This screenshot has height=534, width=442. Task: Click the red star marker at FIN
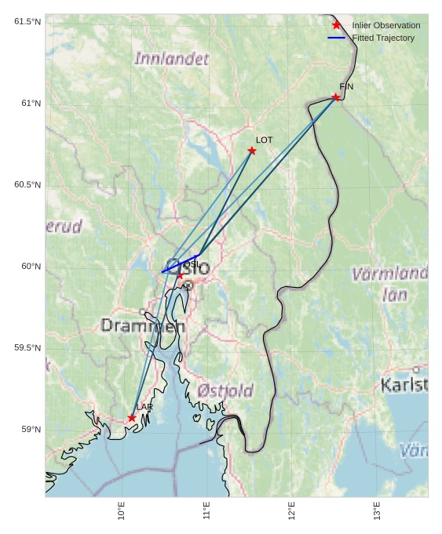(x=336, y=97)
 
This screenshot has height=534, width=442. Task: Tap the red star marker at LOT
(x=252, y=151)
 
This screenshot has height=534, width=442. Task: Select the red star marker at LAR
(x=132, y=418)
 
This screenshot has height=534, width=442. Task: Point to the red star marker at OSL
(x=180, y=275)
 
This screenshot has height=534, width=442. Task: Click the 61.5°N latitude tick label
(x=27, y=21)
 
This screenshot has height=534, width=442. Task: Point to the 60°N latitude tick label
(x=31, y=266)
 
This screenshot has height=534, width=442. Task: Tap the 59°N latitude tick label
(x=31, y=429)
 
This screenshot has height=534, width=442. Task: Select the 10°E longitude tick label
(x=121, y=510)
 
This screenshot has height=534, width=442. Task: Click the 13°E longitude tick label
(x=377, y=510)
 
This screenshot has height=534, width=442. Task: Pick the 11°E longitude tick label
(x=206, y=510)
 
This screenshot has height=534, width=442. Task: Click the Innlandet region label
(x=172, y=59)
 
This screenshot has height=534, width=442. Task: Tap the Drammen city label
(x=143, y=325)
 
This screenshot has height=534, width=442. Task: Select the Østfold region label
(x=225, y=391)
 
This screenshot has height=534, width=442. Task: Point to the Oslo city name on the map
(x=188, y=267)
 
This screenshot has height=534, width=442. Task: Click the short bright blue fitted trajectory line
(x=180, y=263)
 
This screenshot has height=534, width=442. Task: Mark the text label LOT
(x=264, y=140)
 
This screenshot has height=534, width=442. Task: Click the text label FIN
(x=346, y=86)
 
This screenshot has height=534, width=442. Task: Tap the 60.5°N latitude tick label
(x=27, y=184)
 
